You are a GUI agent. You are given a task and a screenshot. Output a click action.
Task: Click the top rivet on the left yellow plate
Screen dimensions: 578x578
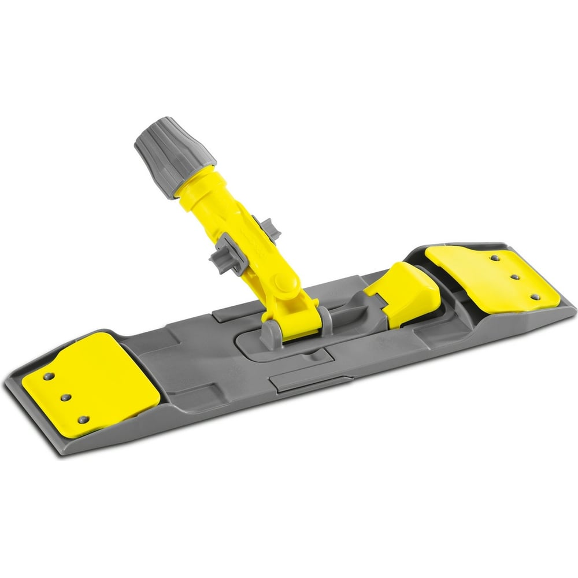tap(49, 376)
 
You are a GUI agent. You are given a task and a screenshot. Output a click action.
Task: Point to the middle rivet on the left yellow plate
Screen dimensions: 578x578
tap(65, 397)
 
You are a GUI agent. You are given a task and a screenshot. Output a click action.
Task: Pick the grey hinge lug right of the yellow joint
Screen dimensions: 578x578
tap(325, 317)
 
